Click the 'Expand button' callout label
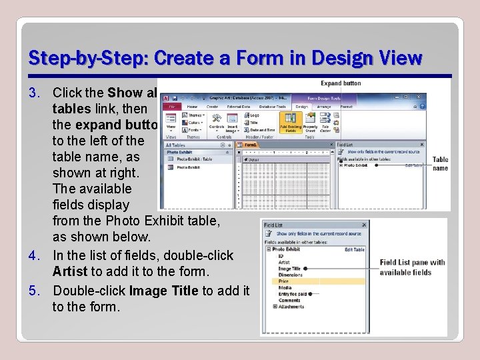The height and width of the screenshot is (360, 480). pyautogui.click(x=341, y=83)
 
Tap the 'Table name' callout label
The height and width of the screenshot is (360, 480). pyautogui.click(x=440, y=164)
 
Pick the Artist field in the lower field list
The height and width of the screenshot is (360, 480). pyautogui.click(x=284, y=262)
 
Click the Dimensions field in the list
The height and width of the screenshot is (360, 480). pyautogui.click(x=290, y=275)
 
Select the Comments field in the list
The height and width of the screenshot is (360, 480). pyautogui.click(x=289, y=300)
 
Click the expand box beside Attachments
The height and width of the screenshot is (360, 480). pyautogui.click(x=275, y=307)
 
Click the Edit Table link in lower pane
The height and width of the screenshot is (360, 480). pyautogui.click(x=354, y=249)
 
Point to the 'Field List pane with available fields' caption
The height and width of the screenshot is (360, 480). pyautogui.click(x=412, y=267)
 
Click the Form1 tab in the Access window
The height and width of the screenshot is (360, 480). pyautogui.click(x=251, y=144)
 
